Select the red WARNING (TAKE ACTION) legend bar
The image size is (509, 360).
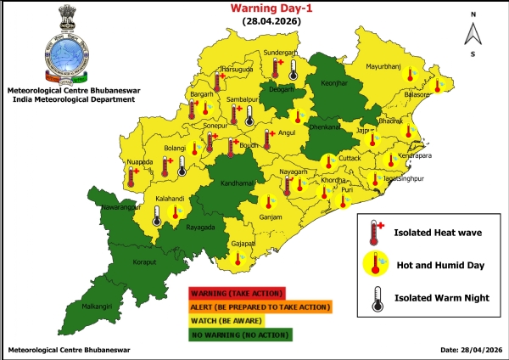[x=238, y=295]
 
